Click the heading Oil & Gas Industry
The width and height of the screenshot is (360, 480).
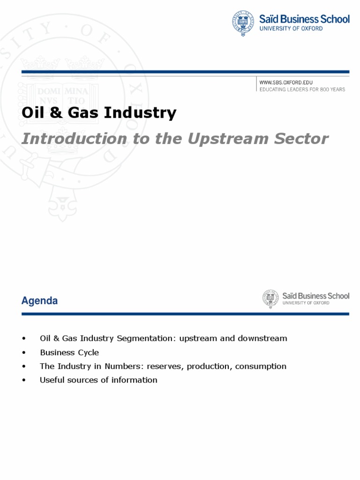pos(99,113)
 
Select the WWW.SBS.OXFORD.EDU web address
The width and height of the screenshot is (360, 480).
pos(286,82)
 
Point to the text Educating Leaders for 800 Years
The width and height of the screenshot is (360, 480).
pos(302,89)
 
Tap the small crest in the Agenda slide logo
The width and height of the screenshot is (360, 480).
pos(270,299)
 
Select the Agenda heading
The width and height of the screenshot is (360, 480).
pos(39,301)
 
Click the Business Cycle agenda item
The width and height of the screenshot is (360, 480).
pos(69,352)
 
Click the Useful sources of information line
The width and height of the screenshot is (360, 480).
pos(98,380)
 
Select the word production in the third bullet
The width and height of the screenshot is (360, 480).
pos(209,366)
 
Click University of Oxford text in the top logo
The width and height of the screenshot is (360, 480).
pos(291,29)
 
